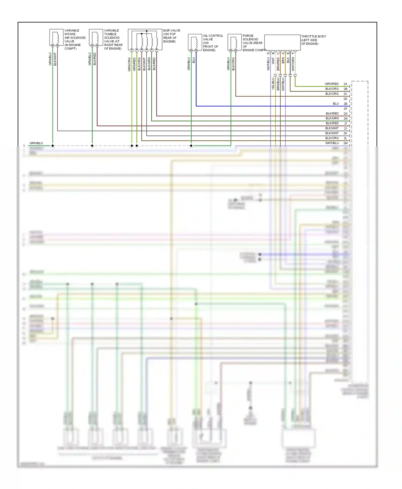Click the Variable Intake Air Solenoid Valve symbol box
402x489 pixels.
(56, 37)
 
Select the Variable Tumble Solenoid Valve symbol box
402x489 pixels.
(96, 37)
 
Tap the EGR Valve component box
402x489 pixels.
(145, 40)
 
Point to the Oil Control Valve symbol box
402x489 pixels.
(195, 42)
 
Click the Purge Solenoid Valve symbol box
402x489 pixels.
(234, 42)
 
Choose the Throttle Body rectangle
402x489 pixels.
(282, 42)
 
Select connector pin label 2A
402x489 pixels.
(345, 84)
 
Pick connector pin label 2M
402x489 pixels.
(345, 143)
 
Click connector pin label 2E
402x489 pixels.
(345, 104)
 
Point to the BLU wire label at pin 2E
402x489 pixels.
(336, 104)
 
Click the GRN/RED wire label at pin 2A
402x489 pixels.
(332, 84)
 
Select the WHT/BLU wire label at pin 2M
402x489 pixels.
(332, 143)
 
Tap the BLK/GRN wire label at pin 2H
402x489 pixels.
(332, 118)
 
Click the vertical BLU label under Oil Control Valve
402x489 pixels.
(193, 60)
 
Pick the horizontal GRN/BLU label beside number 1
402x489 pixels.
(36, 143)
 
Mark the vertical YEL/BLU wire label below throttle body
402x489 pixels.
(273, 83)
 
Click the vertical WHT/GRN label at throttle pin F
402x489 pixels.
(293, 64)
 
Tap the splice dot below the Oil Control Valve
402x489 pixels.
(191, 146)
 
